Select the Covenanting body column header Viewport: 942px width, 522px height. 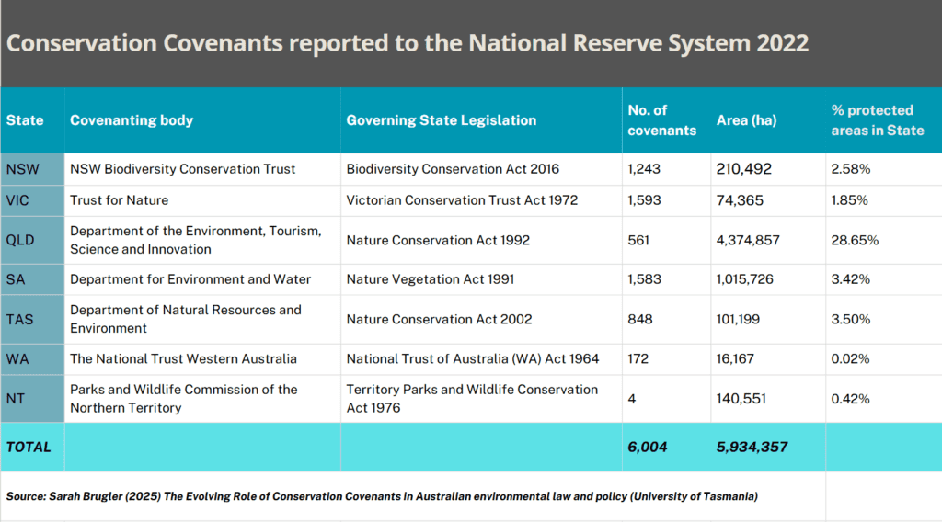coord(132,120)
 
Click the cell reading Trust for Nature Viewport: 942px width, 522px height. coord(119,199)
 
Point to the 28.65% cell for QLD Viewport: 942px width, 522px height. coord(855,240)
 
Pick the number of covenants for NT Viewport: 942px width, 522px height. coord(632,399)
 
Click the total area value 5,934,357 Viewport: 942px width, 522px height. coord(752,447)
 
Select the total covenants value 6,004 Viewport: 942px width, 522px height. coord(648,447)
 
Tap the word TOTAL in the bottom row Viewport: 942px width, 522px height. coord(29,447)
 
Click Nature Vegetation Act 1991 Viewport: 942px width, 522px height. coord(431,279)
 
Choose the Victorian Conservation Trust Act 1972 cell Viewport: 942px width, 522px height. coord(462,199)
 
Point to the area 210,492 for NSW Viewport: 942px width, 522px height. coord(744,169)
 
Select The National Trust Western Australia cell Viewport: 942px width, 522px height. coord(183,358)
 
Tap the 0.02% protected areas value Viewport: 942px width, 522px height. coord(851,358)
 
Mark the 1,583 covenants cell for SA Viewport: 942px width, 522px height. coord(644,279)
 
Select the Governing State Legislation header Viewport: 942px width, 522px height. coord(442,120)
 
